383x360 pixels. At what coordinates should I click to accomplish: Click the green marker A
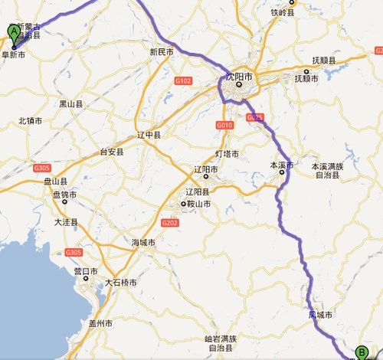coord(13,32)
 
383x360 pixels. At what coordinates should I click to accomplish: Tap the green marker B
coord(361,352)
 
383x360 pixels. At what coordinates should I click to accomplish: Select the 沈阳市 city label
coord(238,76)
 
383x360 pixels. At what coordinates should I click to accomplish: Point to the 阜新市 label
coord(13,55)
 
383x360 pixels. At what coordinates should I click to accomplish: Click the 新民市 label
coord(162,52)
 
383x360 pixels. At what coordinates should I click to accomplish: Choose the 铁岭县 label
coord(283,12)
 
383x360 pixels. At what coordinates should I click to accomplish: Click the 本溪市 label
coord(281,165)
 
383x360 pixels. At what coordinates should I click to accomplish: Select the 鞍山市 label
coord(198,205)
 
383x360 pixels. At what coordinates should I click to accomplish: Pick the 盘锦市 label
coord(64,195)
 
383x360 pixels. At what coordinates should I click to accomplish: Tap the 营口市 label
coord(85,271)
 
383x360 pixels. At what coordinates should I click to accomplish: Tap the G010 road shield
coord(224,125)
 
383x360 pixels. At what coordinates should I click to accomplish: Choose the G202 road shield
coord(169,222)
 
